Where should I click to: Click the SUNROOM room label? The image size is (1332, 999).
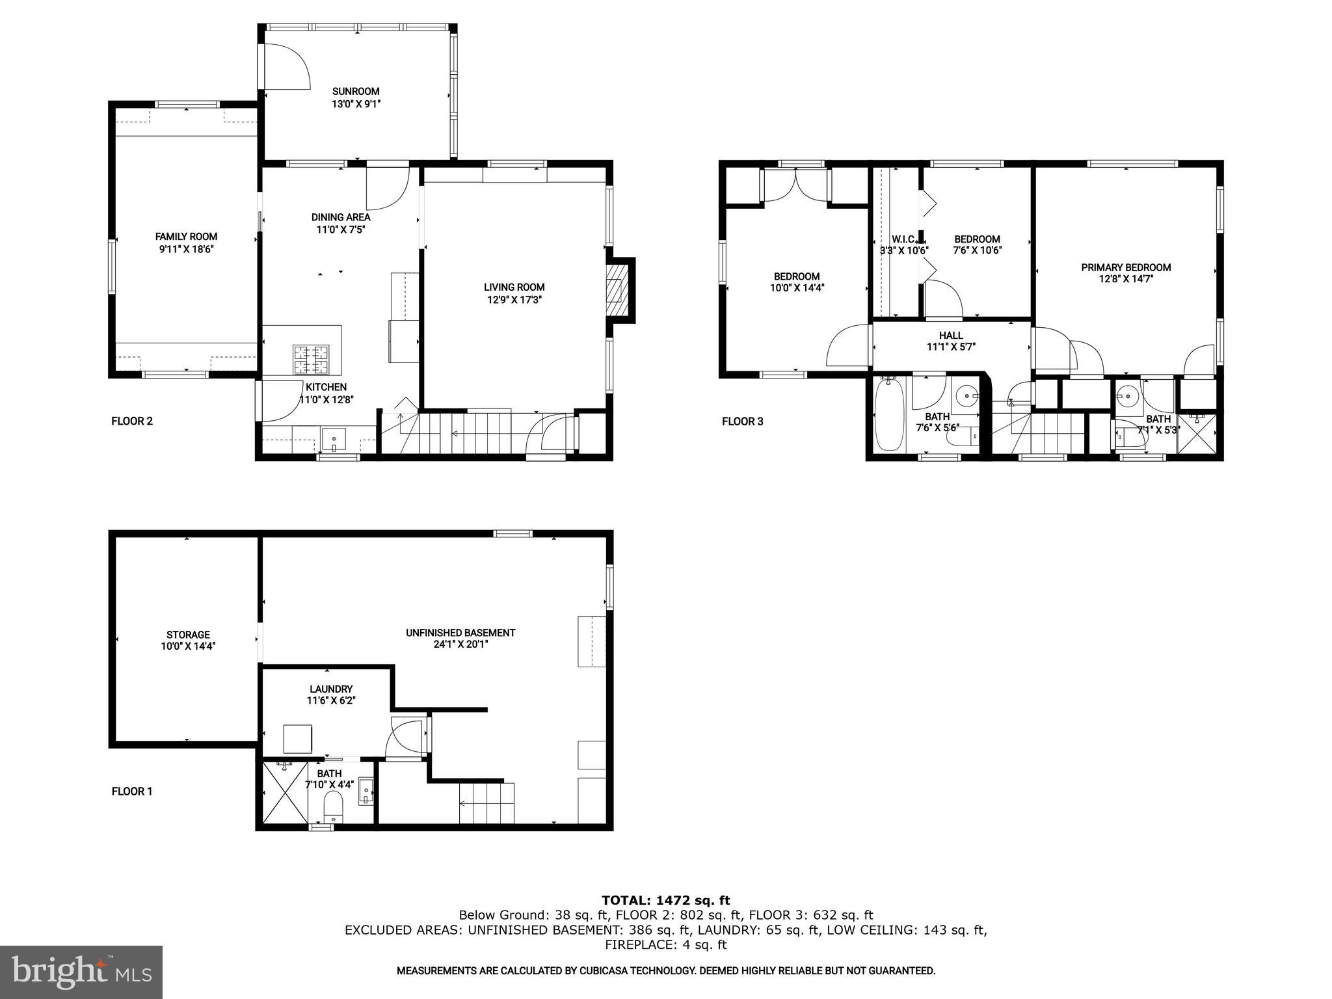coord(356,92)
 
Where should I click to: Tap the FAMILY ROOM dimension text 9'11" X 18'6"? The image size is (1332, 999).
coord(186,249)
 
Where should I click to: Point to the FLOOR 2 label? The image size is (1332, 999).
coord(132,421)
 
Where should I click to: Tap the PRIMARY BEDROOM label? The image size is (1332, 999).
coord(1126,267)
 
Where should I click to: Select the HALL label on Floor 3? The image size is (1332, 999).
coord(951,336)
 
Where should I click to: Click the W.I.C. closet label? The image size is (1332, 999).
coord(903,239)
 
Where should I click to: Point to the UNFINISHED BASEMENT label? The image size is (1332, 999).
coord(460,633)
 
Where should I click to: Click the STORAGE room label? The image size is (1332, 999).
coord(188,635)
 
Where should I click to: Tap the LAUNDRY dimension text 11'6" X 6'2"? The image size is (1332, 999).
coord(331,701)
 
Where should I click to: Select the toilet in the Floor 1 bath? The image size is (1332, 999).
coord(333,806)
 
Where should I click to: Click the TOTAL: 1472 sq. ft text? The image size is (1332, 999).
coord(665,901)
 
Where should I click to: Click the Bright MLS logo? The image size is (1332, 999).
coord(81,972)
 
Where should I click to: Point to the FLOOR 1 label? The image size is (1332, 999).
coord(132,792)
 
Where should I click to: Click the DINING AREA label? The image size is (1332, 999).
coord(341,217)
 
